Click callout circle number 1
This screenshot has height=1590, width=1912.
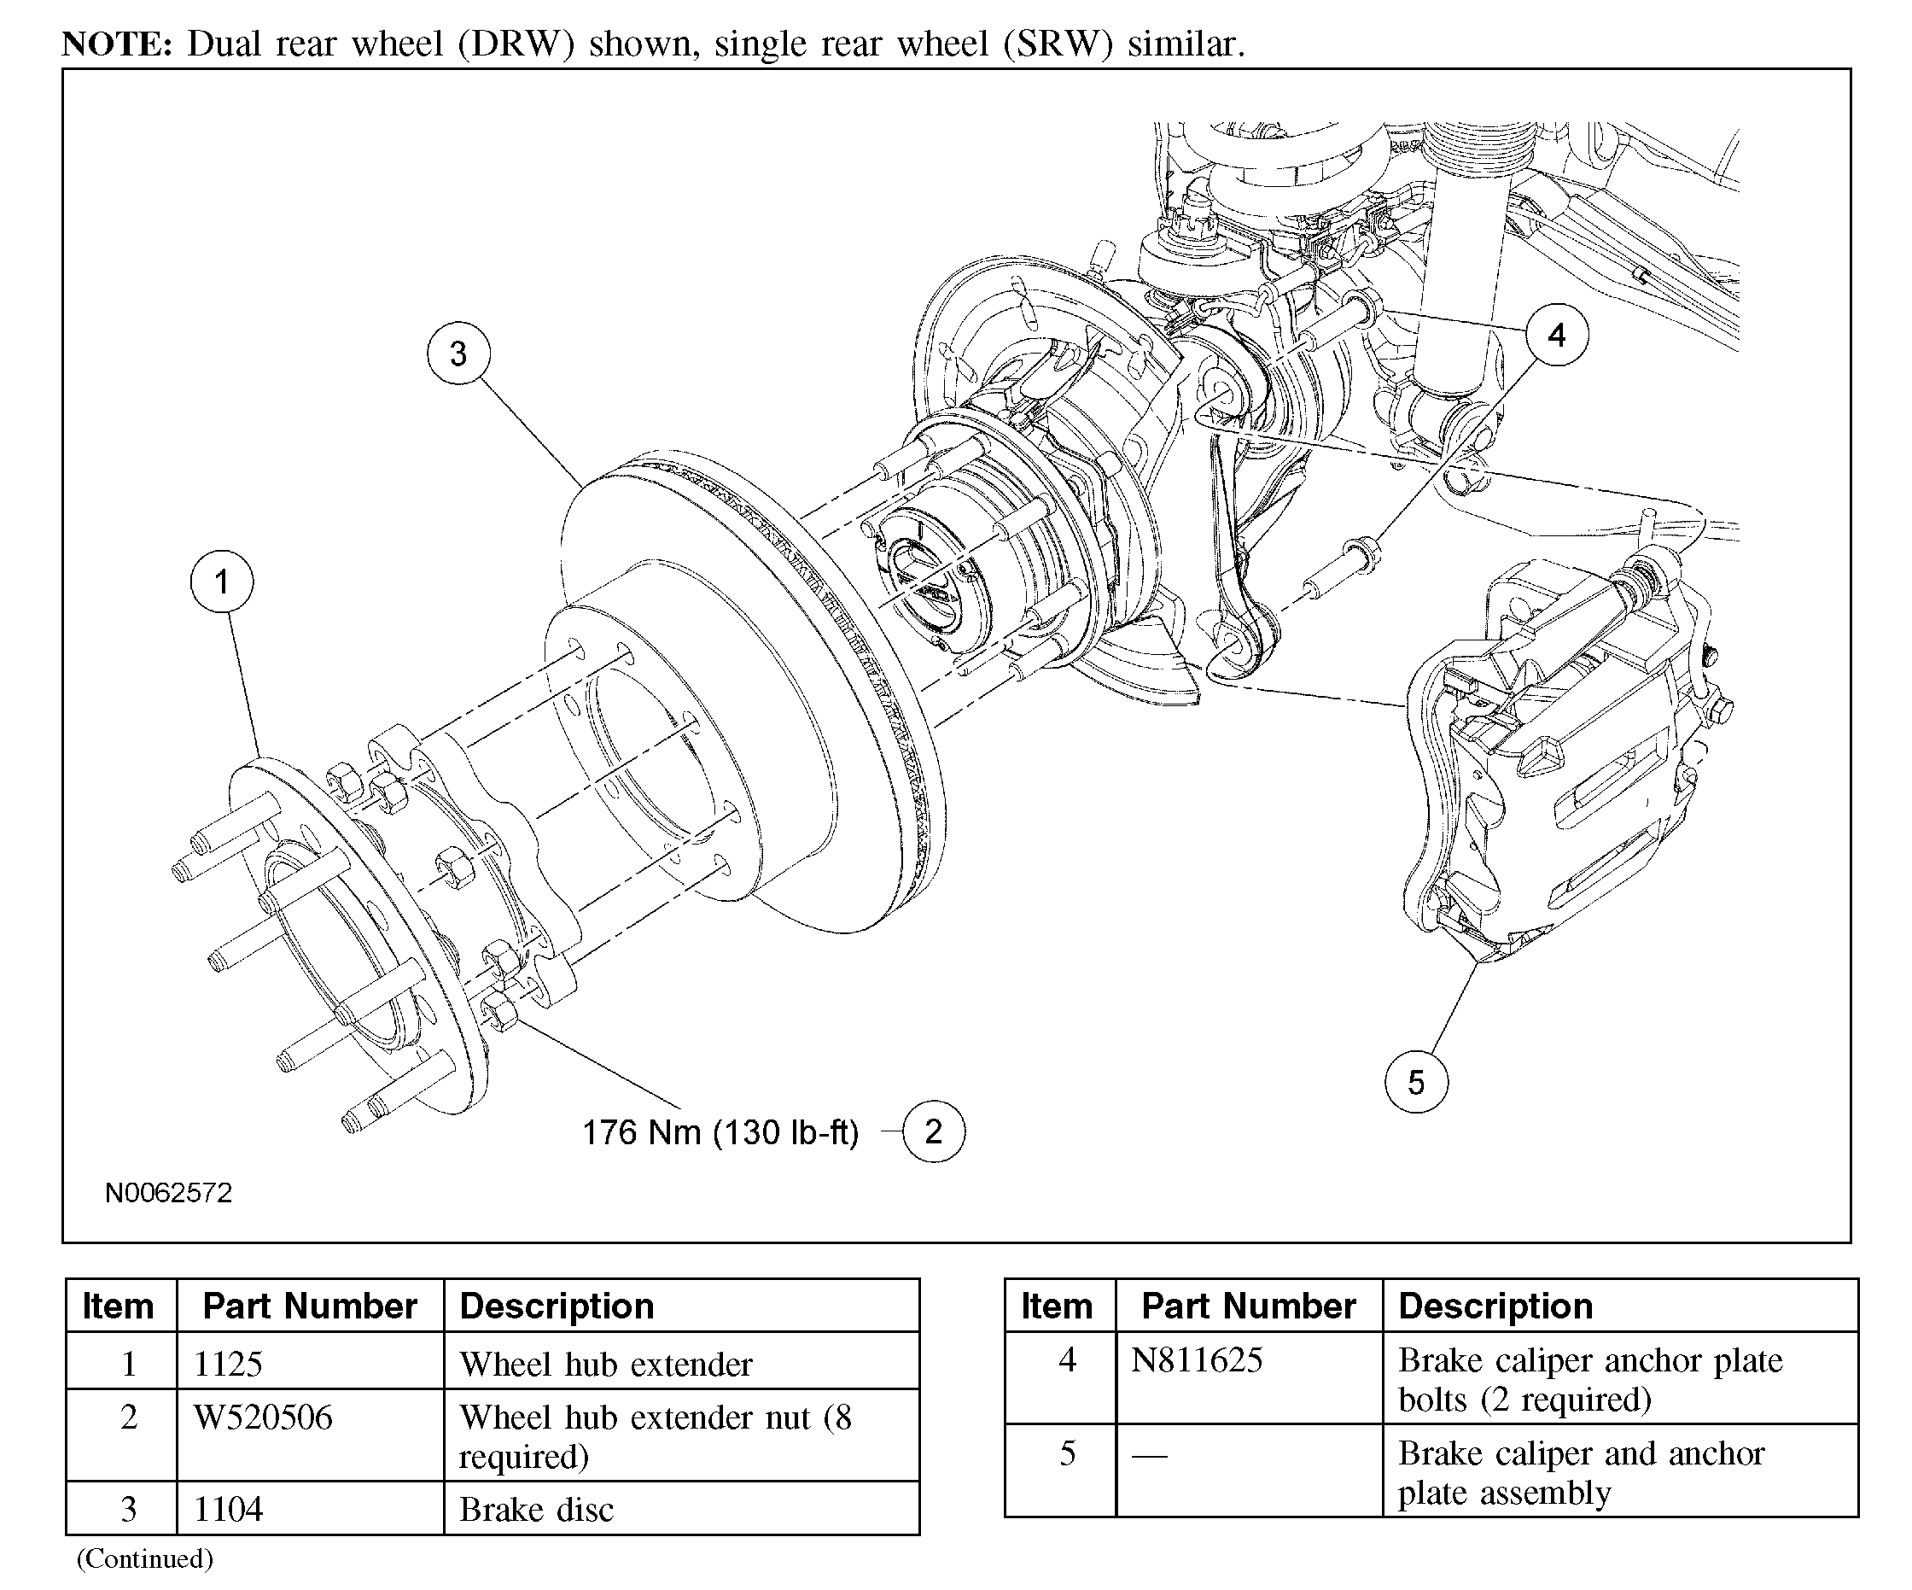point(222,582)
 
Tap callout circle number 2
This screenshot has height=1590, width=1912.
point(933,1131)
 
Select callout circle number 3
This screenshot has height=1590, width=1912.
point(459,354)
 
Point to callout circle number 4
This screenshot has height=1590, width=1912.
point(1557,335)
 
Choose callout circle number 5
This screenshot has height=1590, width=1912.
point(1416,1082)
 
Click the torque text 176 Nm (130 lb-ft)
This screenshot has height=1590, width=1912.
point(720,1132)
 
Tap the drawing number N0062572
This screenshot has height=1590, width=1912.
point(168,1193)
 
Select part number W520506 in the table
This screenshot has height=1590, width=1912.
point(263,1417)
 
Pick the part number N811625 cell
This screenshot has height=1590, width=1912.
point(1197,1360)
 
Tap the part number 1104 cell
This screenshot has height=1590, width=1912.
point(228,1509)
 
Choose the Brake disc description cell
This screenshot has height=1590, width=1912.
point(536,1509)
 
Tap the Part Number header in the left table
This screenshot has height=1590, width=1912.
point(310,1306)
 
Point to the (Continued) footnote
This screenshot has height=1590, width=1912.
point(145,1559)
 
